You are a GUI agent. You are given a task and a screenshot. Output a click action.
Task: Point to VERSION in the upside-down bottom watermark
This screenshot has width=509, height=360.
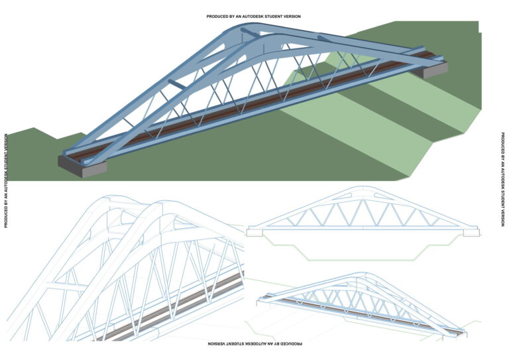click(216, 343)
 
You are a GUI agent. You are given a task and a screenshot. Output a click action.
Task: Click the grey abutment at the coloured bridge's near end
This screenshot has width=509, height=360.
click(82, 166)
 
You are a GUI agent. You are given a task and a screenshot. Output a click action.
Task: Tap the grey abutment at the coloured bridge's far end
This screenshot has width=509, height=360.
click(431, 69)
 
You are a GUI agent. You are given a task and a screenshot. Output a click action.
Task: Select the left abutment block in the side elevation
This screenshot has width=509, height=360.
click(254, 233)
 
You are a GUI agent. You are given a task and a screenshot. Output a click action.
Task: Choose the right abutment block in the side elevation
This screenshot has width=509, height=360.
click(471, 233)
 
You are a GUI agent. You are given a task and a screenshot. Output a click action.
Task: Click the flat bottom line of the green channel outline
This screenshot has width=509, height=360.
click(361, 260)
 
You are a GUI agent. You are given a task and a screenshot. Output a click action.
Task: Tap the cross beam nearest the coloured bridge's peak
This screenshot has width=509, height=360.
click(251, 32)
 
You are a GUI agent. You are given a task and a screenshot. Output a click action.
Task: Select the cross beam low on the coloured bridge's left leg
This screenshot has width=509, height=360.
click(177, 84)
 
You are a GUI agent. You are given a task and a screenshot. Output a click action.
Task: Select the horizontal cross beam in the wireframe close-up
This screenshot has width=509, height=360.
click(66, 286)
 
